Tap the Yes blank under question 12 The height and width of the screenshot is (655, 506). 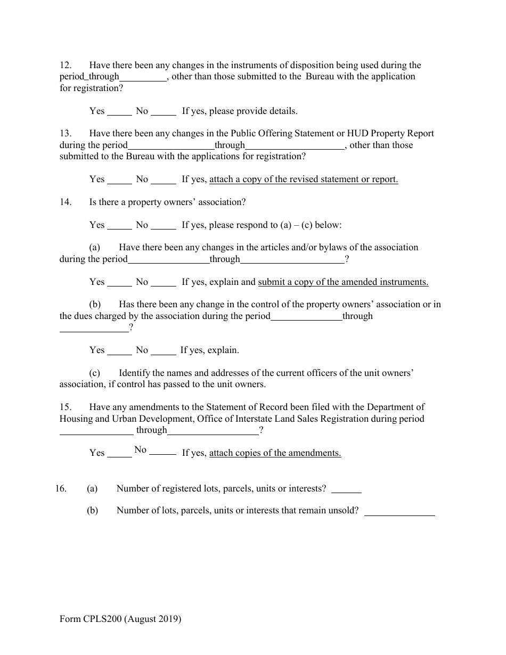119,112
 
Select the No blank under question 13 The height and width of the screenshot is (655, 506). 164,180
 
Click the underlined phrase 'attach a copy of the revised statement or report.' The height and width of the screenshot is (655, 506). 304,179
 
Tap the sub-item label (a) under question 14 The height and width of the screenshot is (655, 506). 95,247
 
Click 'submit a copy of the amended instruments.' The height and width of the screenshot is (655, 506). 343,282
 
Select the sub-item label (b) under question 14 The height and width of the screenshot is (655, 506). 95,304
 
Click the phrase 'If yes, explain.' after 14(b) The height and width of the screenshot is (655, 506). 210,350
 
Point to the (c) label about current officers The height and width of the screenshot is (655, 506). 95,373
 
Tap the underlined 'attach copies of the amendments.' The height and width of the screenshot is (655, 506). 275,453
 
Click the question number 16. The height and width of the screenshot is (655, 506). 61,488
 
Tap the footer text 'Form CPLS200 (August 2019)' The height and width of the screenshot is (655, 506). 120,619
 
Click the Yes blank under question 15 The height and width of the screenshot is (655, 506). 119,454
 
